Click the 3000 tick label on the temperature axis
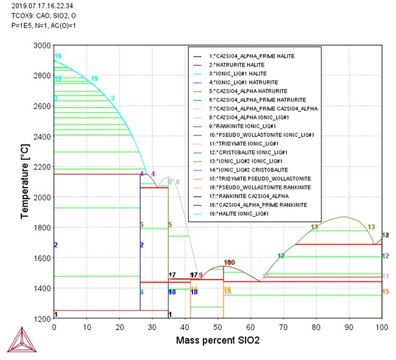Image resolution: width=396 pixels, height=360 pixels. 41,46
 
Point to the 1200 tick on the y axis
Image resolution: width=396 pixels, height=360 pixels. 41,319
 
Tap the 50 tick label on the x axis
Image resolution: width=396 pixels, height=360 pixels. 218,328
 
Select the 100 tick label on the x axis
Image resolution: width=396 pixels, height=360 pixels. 381,328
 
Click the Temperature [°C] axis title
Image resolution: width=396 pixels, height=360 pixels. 25,182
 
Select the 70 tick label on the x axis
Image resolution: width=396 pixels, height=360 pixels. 283,328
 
